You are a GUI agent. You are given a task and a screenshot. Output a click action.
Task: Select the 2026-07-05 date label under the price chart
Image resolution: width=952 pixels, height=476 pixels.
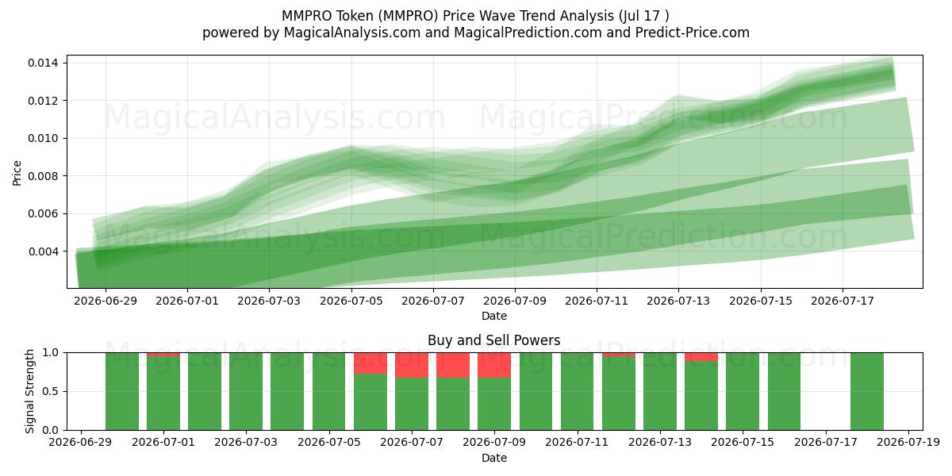[351, 301]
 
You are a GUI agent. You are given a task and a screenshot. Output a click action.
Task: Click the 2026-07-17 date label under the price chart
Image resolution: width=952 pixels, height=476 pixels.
[843, 301]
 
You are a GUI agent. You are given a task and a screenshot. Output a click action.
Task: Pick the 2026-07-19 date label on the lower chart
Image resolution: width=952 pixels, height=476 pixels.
[908, 443]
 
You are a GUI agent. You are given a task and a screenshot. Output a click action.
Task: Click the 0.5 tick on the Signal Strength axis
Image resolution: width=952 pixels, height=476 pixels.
[50, 391]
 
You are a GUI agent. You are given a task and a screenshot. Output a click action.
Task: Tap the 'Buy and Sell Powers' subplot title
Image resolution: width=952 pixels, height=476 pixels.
[493, 340]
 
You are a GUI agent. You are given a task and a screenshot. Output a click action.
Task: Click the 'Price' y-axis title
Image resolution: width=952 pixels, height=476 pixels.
[17, 173]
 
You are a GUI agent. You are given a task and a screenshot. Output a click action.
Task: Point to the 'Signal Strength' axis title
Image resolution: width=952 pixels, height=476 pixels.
[29, 391]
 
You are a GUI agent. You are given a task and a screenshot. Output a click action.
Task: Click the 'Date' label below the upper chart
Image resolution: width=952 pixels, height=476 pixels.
[493, 317]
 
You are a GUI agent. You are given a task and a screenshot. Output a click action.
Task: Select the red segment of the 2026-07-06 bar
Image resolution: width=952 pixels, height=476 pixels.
[370, 363]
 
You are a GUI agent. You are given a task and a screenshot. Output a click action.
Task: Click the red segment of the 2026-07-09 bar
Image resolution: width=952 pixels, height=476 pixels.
[493, 365]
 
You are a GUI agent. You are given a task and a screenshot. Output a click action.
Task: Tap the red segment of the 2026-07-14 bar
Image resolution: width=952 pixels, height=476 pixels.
[701, 357]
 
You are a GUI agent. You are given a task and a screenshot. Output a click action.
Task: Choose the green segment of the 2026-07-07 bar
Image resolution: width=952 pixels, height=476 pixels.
[412, 404]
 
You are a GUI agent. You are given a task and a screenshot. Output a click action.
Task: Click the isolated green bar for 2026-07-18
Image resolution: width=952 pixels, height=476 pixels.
[867, 391]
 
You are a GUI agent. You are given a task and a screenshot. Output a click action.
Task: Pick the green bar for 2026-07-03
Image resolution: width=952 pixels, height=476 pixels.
[246, 391]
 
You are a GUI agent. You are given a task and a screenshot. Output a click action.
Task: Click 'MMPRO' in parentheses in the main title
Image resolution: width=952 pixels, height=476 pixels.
[408, 16]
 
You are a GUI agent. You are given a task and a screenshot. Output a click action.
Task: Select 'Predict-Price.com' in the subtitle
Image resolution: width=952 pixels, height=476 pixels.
[693, 33]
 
